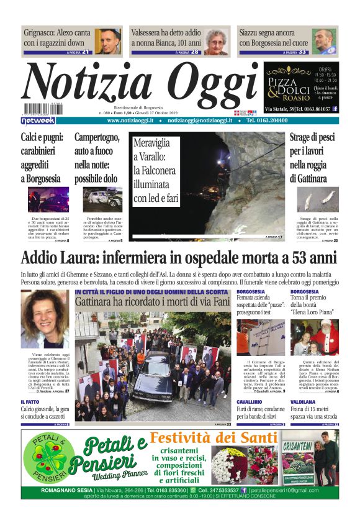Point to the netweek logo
38,121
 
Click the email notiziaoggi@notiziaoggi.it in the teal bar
204,121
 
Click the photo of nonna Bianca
216,41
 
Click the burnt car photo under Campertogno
102,200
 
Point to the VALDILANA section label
305,402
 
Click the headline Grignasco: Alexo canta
57,37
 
